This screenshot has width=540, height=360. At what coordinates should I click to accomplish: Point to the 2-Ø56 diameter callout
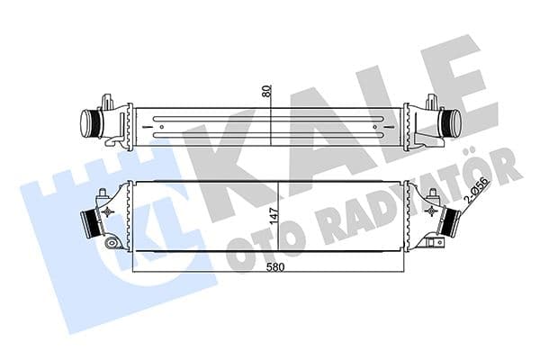tap(473, 190)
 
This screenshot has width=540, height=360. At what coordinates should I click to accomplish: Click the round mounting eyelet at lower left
tap(111, 243)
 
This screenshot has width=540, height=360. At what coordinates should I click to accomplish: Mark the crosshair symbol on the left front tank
tap(111, 211)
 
